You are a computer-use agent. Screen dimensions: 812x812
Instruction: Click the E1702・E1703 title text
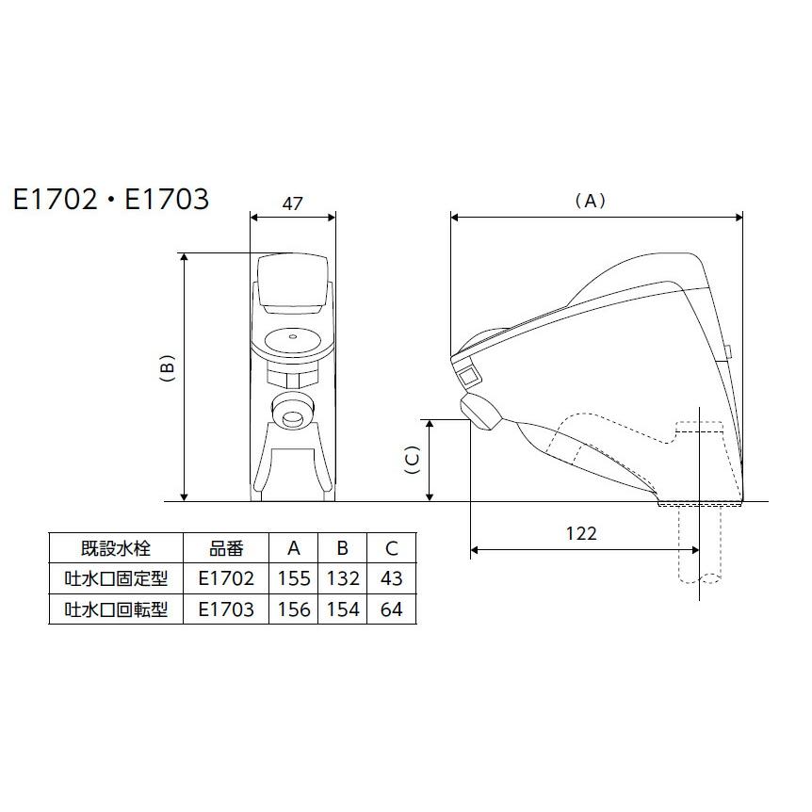110,200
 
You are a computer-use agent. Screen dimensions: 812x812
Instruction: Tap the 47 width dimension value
292,202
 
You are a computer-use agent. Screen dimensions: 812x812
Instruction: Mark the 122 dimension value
581,533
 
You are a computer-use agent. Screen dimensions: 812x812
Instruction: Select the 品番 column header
226,548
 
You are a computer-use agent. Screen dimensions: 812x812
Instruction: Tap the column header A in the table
294,548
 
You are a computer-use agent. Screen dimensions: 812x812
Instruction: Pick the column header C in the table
392,548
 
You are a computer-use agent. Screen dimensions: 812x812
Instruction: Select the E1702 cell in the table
226,578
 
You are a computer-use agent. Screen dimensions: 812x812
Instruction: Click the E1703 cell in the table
226,609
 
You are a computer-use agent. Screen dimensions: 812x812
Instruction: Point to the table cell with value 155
294,578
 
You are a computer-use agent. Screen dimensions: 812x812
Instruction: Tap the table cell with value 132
343,578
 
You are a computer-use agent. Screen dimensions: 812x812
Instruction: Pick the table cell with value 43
392,578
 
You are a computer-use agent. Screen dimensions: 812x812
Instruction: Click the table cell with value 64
392,609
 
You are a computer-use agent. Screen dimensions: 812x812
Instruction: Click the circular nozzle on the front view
292,410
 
